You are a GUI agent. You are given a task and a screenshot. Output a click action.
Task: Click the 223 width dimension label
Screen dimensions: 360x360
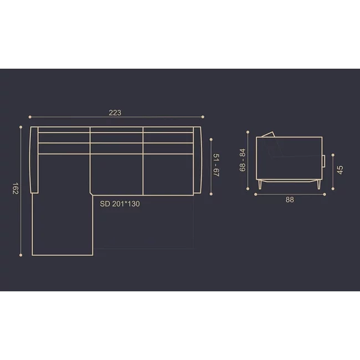pyautogui.click(x=115, y=112)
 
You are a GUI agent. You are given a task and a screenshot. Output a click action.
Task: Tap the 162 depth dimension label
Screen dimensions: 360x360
pyautogui.click(x=15, y=188)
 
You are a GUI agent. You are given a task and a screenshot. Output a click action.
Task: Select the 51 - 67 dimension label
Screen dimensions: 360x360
pyautogui.click(x=216, y=165)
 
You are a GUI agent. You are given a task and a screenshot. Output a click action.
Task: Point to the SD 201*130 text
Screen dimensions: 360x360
pyautogui.click(x=120, y=204)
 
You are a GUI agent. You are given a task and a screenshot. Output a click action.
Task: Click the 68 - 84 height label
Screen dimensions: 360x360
pyautogui.click(x=242, y=160)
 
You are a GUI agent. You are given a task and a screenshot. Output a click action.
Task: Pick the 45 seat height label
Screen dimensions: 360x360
pyautogui.click(x=340, y=170)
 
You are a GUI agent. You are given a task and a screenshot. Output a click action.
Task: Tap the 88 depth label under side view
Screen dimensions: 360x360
pyautogui.click(x=290, y=200)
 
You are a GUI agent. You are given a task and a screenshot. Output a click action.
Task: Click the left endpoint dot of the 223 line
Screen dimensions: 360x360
pyautogui.click(x=30, y=117)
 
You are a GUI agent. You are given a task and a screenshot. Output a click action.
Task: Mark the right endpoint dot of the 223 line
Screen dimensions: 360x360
pyautogui.click(x=203, y=117)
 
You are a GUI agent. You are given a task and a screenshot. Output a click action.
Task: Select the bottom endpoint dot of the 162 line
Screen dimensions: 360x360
pyautogui.click(x=21, y=255)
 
